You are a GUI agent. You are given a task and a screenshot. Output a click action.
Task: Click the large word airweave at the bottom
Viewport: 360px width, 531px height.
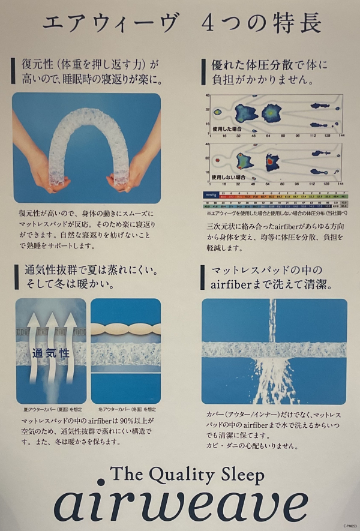(180, 503)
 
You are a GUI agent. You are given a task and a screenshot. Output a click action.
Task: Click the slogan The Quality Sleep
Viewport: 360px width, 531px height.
(187, 475)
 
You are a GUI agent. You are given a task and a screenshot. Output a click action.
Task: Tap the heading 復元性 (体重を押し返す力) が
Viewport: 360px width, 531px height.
(84, 63)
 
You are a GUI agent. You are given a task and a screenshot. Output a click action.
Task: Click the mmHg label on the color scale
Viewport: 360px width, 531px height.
(211, 194)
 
